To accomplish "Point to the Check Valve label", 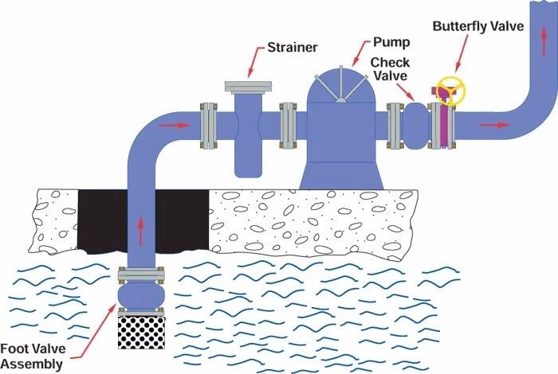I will [x=390, y=69].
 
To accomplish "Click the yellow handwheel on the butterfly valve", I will [x=450, y=90].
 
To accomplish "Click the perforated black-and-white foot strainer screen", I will [x=140, y=331].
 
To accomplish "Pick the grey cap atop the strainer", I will [x=248, y=85].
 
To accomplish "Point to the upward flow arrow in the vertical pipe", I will [x=141, y=230].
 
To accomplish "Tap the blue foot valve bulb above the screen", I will [x=140, y=295].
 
